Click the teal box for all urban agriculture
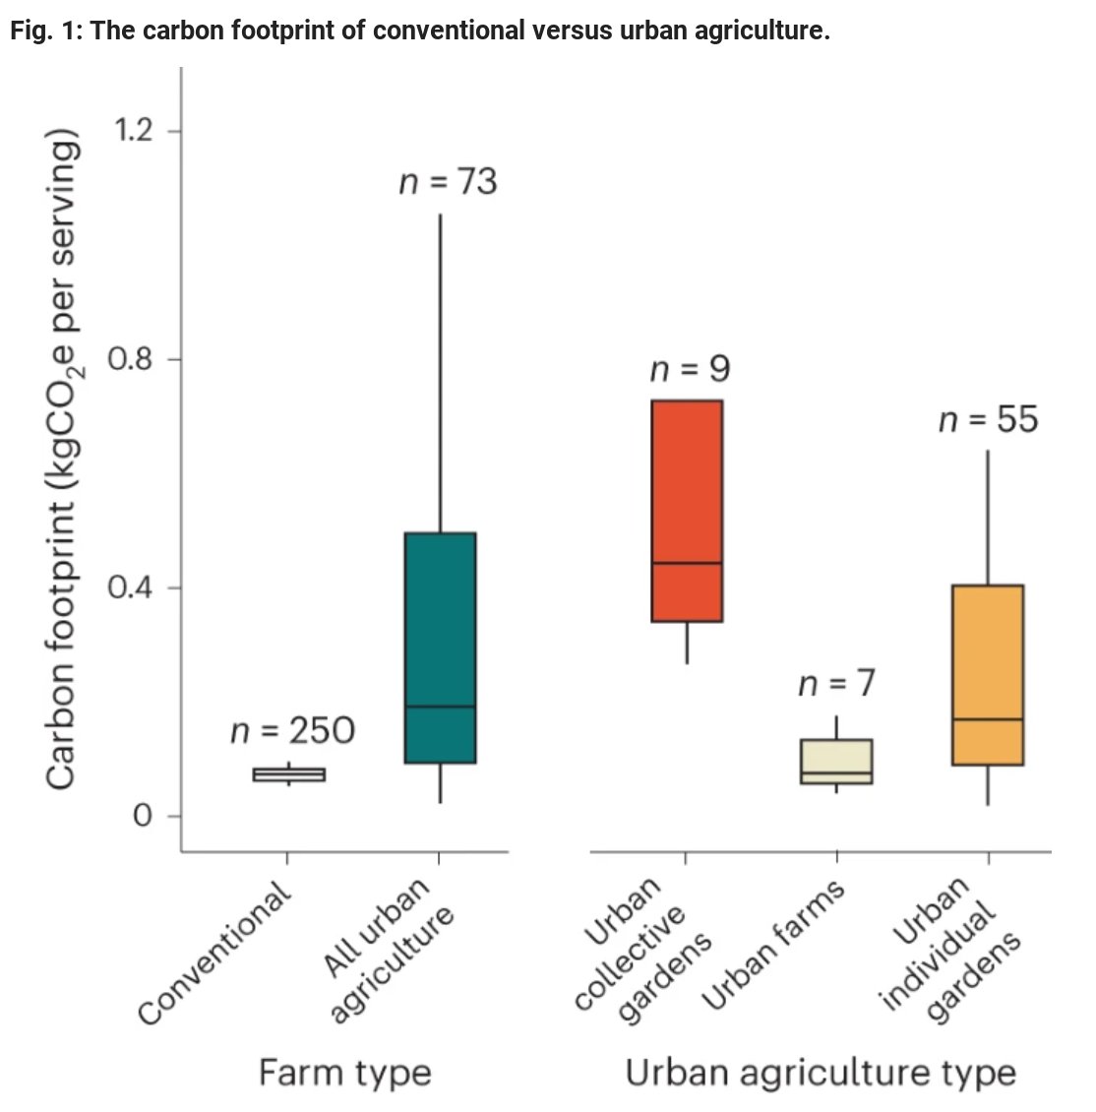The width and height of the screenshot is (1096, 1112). (440, 647)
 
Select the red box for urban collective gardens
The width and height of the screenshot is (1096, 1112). (686, 510)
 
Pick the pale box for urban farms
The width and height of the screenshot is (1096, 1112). (836, 761)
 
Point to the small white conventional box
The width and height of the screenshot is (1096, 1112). (288, 774)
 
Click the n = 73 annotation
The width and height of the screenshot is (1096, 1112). (448, 182)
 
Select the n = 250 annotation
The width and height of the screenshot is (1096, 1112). (292, 731)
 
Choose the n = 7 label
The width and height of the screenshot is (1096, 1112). (836, 684)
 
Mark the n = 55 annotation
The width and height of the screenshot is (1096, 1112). (988, 420)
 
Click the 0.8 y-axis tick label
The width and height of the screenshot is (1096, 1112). (131, 359)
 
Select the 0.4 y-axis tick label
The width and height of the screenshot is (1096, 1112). (131, 588)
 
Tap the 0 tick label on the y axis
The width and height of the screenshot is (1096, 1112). (144, 817)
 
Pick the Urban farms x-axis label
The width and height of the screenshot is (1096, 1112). (774, 945)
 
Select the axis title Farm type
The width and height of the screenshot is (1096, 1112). (344, 1072)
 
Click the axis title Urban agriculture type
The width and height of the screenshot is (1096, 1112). (821, 1072)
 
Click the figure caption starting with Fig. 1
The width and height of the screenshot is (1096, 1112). (420, 31)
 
